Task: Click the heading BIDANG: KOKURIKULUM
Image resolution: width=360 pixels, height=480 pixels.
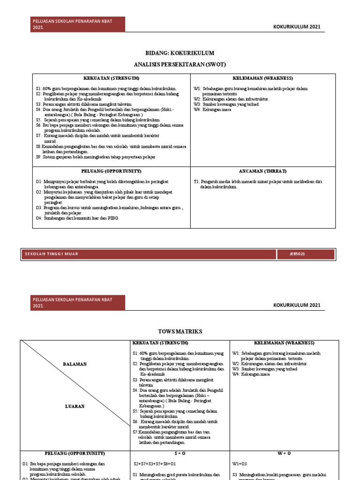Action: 180,53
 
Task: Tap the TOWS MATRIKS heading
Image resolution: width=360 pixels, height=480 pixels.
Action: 180,331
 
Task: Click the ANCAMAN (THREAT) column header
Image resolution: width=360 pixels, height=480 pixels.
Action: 262,172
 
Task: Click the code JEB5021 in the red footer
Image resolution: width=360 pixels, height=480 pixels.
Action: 297,254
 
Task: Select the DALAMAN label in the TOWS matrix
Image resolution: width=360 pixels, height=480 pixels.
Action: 75,364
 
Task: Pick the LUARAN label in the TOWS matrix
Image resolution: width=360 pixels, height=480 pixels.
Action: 75,406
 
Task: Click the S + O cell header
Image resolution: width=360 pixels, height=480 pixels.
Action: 180,454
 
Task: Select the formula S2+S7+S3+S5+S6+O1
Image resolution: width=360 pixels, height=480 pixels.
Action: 155,464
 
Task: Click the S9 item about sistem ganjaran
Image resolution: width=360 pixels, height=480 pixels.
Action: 96,157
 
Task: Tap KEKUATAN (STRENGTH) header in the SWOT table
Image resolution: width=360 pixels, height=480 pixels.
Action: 111,78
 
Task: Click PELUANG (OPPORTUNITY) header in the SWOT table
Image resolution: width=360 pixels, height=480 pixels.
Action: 111,172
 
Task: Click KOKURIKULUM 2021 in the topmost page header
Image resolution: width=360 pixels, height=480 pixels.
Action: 297,27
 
